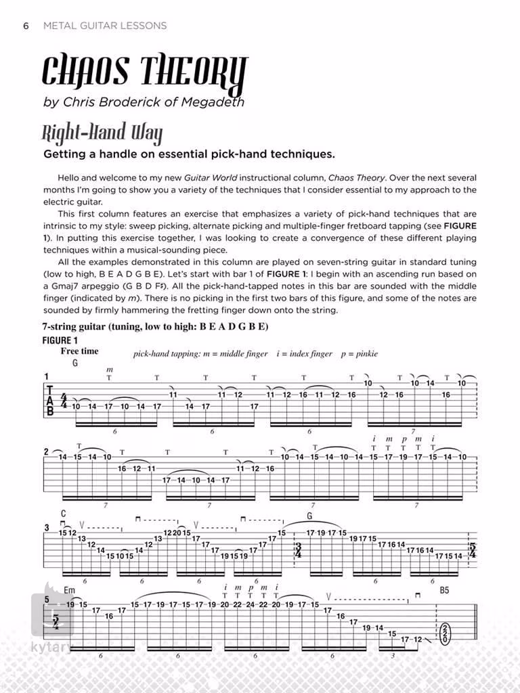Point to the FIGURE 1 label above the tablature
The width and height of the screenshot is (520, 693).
tap(60, 340)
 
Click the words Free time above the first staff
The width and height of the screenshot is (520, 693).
tap(79, 351)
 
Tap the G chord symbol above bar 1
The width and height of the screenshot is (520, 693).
tap(75, 363)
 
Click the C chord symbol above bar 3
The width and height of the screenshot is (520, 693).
tap(63, 514)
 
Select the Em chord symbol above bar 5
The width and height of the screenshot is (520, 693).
tap(70, 590)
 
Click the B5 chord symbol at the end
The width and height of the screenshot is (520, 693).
tap(444, 590)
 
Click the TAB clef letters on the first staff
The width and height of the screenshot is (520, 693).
tap(49, 400)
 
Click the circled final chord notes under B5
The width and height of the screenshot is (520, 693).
tap(444, 635)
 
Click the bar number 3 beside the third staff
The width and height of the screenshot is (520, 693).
tap(46, 528)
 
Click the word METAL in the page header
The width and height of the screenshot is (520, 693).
tap(60, 26)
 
